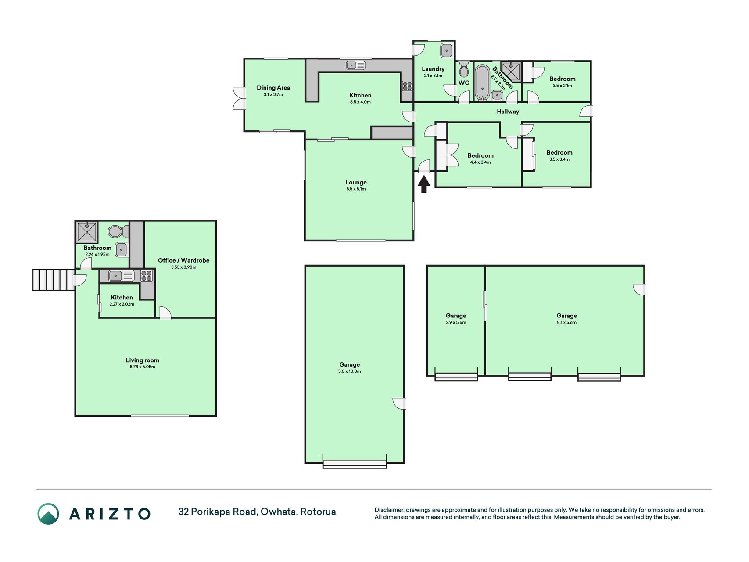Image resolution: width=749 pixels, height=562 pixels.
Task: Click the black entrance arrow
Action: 423,184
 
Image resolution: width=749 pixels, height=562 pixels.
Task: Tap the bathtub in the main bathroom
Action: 482,83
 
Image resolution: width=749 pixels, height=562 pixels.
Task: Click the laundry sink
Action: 447,50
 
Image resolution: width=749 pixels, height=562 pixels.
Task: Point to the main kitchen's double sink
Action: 356,65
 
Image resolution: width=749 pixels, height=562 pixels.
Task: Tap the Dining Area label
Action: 273,88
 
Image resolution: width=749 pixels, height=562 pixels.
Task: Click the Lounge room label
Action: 356,182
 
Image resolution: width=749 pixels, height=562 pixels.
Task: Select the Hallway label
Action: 508,112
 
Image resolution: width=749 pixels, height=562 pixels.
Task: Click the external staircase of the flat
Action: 54,280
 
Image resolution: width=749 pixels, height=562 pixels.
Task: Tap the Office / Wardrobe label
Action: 183,260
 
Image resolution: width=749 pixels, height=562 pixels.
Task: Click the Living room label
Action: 143,360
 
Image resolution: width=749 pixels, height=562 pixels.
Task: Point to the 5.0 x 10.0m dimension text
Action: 350,371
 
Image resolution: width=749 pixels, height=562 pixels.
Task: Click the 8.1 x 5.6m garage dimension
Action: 567,322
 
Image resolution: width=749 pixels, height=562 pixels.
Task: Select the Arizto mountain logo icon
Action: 48,514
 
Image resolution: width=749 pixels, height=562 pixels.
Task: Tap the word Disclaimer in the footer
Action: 389,510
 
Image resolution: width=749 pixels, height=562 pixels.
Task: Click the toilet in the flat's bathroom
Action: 118,231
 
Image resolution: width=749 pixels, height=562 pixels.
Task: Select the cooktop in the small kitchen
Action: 147,276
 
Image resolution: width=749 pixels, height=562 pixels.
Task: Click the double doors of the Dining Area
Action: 240,98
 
